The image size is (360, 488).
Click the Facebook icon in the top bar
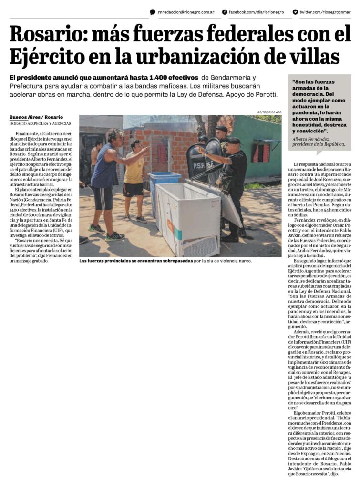point(225,12)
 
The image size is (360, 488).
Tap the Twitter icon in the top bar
point(296,12)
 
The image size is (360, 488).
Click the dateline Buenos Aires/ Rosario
point(36,117)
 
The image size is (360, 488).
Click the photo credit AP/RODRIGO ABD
point(269,112)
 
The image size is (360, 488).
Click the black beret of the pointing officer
point(234,141)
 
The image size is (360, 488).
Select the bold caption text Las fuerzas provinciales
point(113,261)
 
